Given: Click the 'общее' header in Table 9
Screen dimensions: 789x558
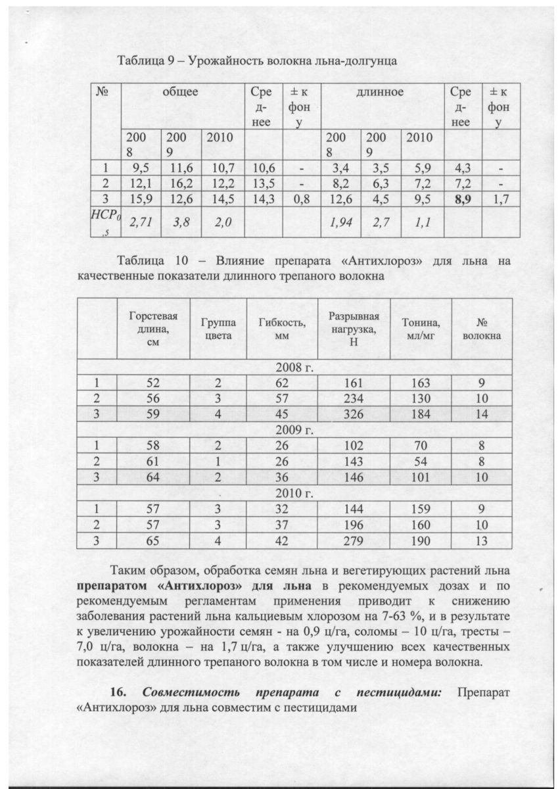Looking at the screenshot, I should point(180,93).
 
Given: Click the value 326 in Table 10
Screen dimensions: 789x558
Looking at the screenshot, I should point(354,414).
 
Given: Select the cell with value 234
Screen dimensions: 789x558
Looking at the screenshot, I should point(354,398).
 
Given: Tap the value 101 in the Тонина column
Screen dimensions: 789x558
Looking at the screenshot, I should point(421,477).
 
